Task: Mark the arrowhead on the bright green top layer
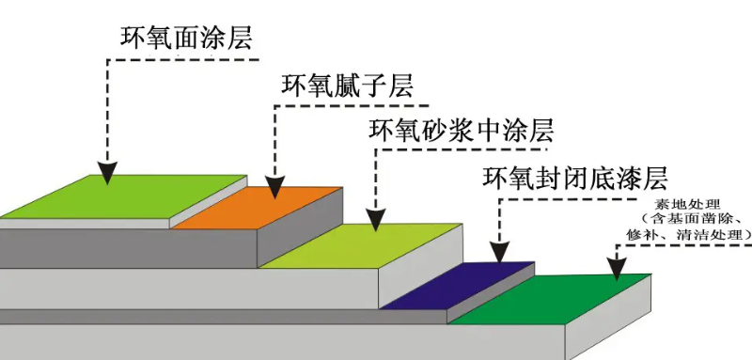pos(108,171)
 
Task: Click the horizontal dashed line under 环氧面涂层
pos(183,59)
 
